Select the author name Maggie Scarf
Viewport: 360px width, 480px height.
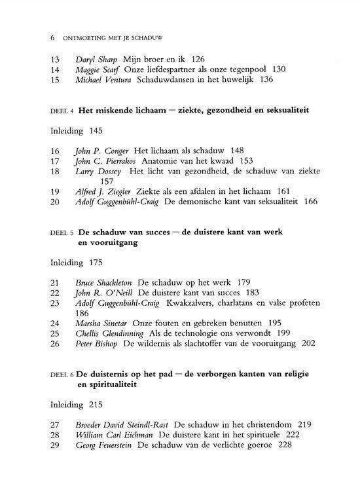pos(98,70)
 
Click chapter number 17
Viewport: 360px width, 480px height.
pos(55,161)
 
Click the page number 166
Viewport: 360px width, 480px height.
pos(310,202)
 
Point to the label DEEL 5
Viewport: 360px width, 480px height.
pos(62,232)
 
